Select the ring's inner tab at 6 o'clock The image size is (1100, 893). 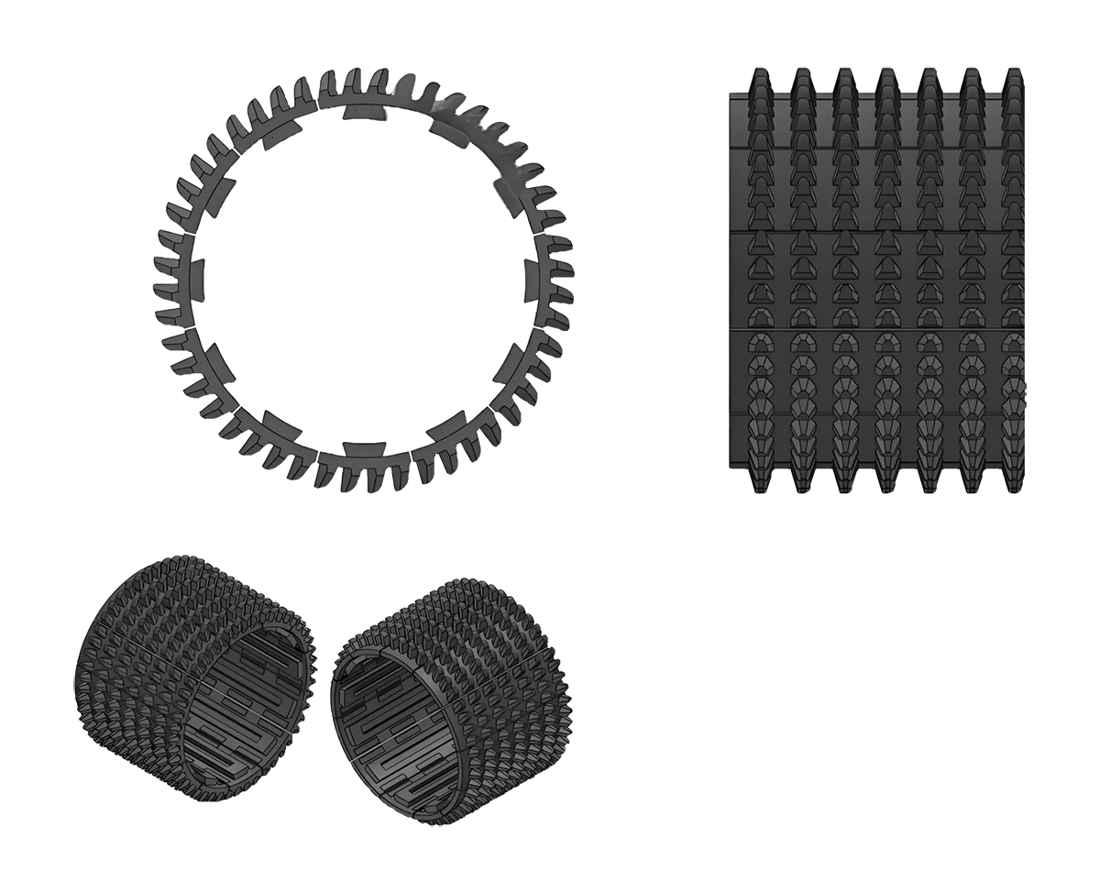(364, 450)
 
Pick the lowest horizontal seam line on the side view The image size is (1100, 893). (875, 415)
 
